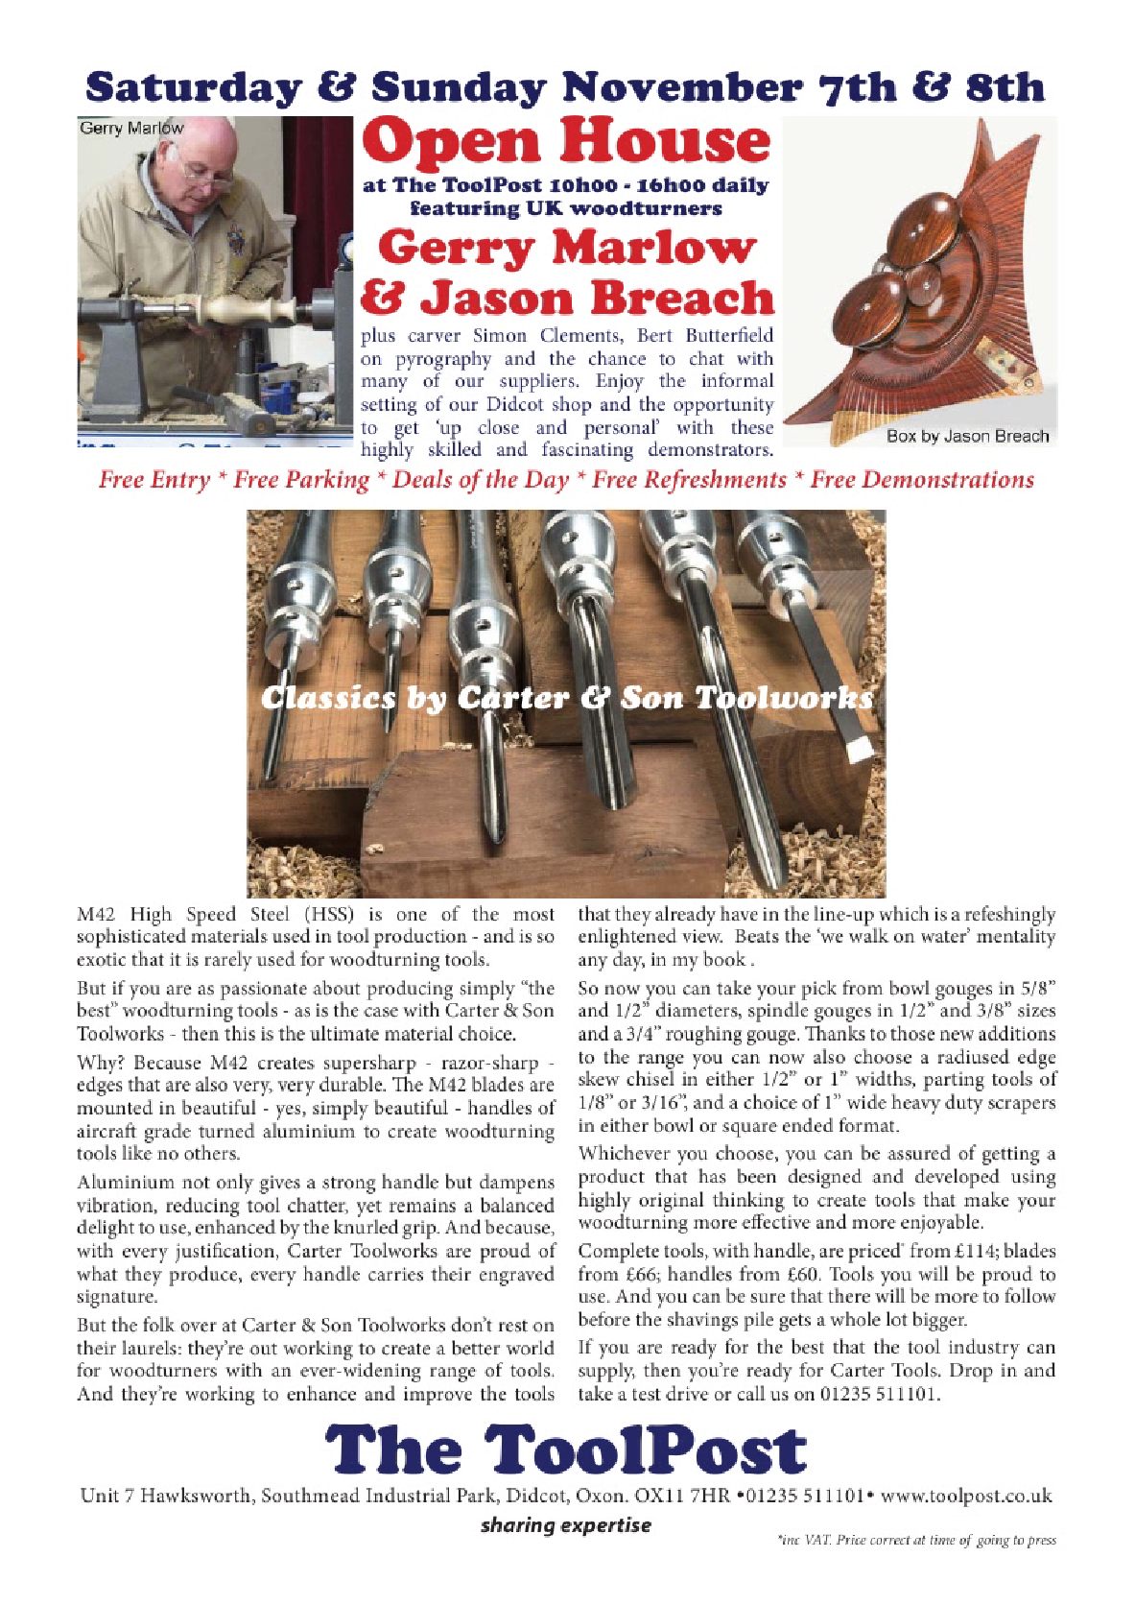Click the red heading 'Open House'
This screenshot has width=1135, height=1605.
pos(566,141)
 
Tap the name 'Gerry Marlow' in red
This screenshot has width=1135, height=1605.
pos(566,248)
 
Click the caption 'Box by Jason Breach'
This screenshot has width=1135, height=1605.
pos(967,436)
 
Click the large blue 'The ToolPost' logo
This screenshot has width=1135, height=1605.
pos(566,1450)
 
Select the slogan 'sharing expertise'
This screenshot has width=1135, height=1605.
pos(565,1525)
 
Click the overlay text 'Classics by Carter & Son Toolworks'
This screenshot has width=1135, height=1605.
pos(566,698)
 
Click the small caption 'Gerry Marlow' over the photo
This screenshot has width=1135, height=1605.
pos(131,128)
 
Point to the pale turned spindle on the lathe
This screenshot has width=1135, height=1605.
pos(240,309)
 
